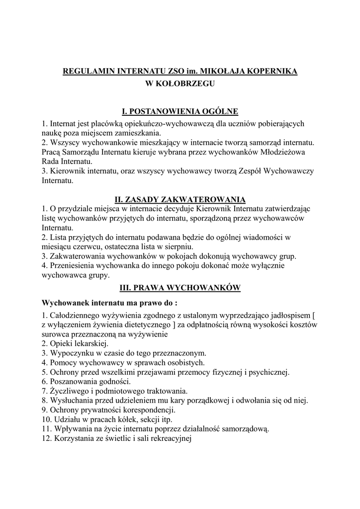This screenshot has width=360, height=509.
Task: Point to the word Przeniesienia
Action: tap(74, 266)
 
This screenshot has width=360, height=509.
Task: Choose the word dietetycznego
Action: tap(142, 325)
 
